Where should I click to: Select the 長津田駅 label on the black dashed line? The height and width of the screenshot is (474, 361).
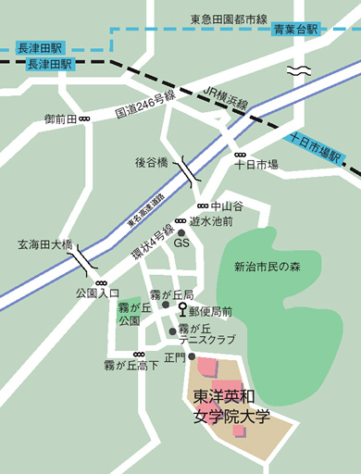(44, 64)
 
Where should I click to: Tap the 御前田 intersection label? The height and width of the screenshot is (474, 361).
(60, 119)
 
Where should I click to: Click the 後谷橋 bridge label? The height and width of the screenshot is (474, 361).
(151, 162)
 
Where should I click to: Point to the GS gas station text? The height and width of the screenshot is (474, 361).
(181, 243)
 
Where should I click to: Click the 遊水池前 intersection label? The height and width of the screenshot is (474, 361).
(210, 221)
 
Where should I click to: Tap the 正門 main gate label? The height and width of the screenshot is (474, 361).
(174, 356)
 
